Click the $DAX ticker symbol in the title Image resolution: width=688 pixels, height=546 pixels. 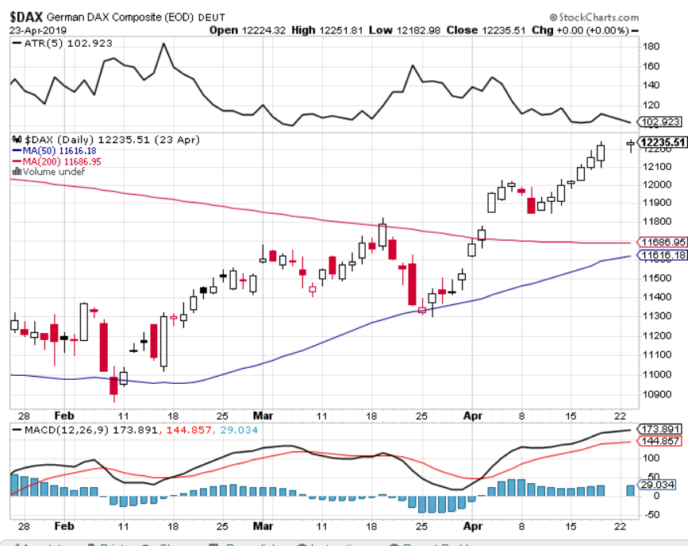28,16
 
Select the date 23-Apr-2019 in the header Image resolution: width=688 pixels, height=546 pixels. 38,30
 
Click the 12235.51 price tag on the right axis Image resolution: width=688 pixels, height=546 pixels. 662,142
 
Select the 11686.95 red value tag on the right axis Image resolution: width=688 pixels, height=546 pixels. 662,242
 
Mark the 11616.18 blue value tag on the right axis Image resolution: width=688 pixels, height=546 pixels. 662,256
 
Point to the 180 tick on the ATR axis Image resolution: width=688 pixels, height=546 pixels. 651,47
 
